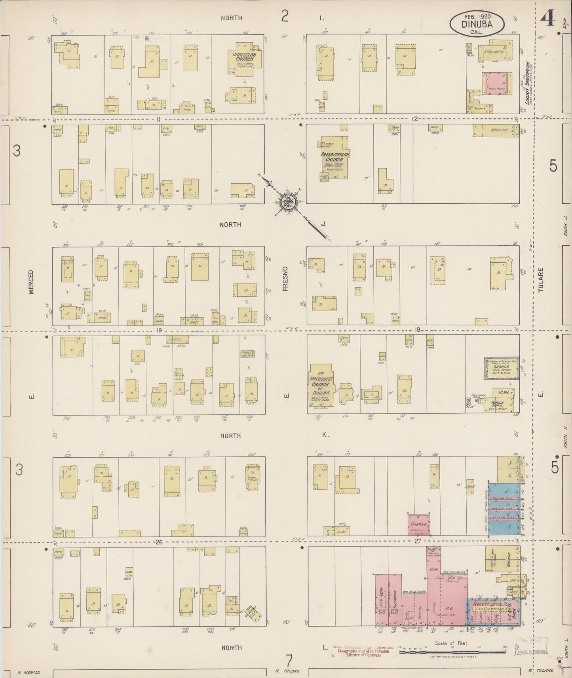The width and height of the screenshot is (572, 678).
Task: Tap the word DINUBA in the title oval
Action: pos(477,23)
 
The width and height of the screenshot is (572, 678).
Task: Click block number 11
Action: pos(158,119)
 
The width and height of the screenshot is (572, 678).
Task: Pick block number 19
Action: pos(159,330)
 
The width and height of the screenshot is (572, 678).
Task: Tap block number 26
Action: pos(159,542)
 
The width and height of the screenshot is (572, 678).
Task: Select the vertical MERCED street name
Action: pos(31,282)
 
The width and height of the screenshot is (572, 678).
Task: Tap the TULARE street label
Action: pos(542,280)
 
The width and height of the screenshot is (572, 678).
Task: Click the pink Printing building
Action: pos(419,525)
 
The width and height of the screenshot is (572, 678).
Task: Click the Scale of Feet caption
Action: pos(451,643)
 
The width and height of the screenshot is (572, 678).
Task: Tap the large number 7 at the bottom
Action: pos(289,660)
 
